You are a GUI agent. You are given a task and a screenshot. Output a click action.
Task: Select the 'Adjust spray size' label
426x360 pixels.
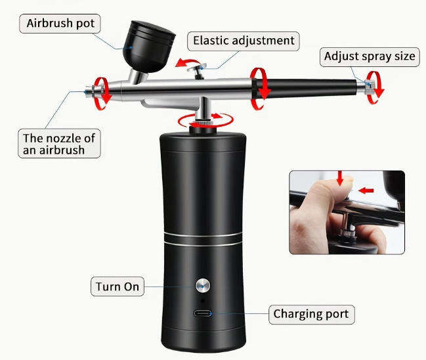tap(370, 56)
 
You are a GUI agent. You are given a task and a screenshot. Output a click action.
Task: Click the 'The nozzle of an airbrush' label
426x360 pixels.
tap(60, 143)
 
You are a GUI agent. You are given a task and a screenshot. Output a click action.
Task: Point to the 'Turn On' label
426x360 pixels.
tap(117, 286)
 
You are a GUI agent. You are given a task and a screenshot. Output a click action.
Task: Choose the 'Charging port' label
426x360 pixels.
tap(312, 314)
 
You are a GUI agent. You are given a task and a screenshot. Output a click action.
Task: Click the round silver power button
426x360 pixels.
tap(202, 285)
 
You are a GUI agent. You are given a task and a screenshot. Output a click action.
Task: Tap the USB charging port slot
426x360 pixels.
tap(203, 313)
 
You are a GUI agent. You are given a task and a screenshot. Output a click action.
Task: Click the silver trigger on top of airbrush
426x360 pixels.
tap(195, 68)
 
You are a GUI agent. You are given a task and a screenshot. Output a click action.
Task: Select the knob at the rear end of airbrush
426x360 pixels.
tap(370, 85)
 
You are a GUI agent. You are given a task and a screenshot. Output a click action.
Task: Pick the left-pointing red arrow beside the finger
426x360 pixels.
tap(366, 191)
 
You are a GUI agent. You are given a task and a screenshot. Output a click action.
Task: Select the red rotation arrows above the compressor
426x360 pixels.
tap(205, 119)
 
